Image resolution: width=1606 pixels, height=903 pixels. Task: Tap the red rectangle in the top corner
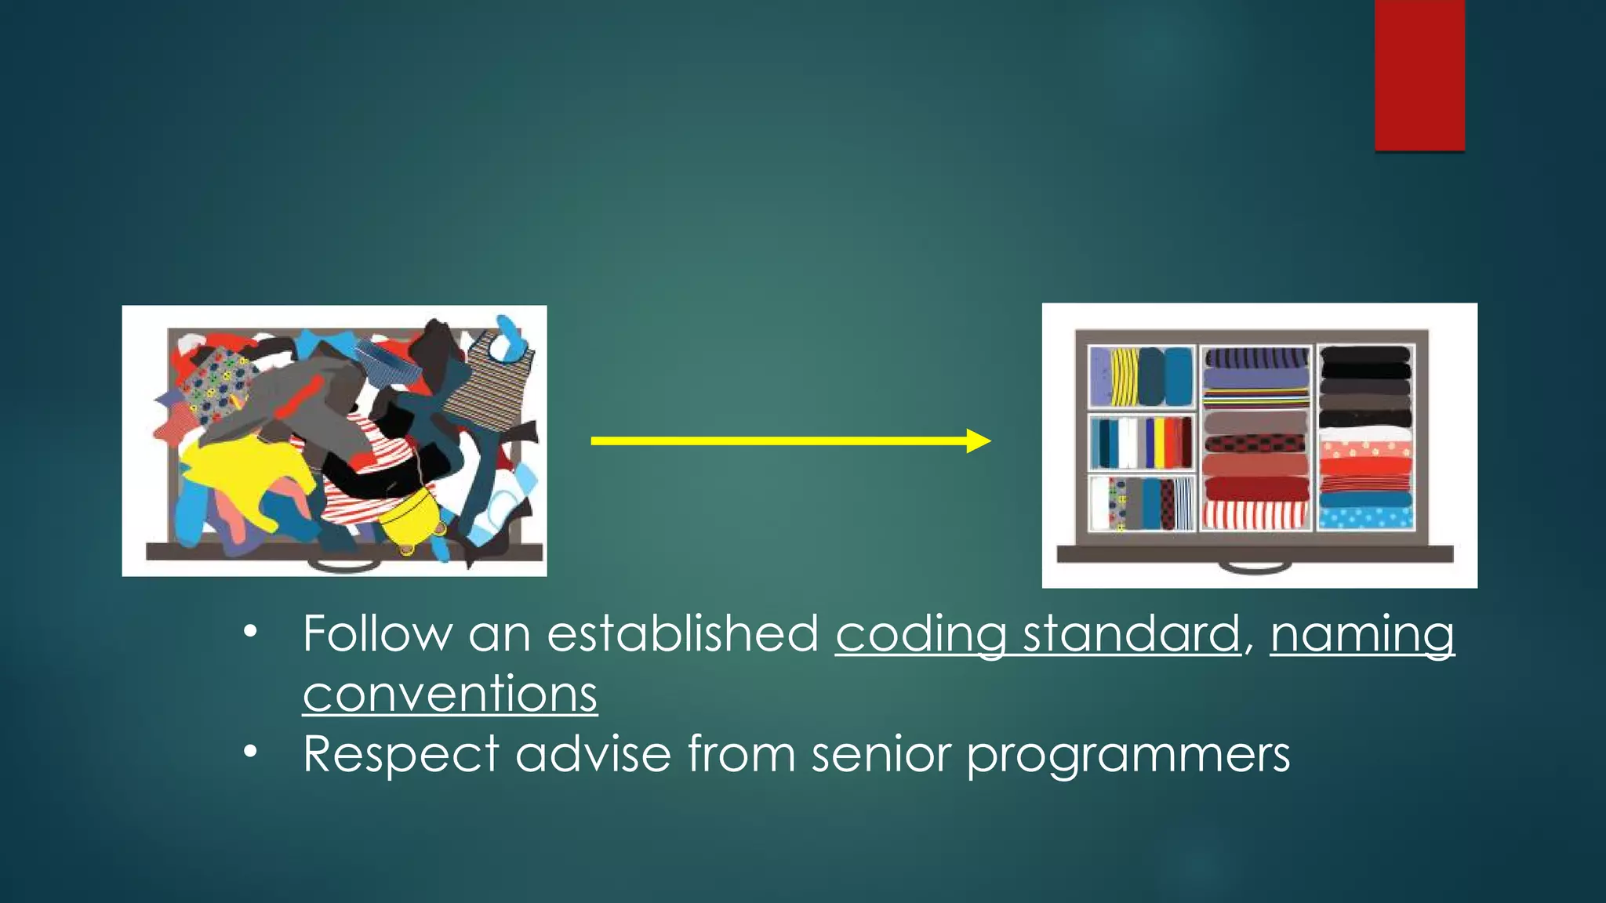(1419, 74)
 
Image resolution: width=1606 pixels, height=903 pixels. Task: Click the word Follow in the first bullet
(377, 633)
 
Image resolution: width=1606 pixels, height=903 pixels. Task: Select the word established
(682, 633)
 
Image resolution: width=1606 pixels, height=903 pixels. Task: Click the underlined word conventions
(450, 694)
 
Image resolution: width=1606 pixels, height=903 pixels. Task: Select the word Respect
(401, 755)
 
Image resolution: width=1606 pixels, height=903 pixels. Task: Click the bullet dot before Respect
(250, 752)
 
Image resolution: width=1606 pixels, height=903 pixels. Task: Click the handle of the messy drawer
(344, 564)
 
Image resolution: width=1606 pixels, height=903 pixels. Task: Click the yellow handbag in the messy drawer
(412, 517)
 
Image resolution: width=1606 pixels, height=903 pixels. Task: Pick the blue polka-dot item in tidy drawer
(1365, 517)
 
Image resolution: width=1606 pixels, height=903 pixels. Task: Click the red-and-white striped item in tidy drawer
(1255, 514)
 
